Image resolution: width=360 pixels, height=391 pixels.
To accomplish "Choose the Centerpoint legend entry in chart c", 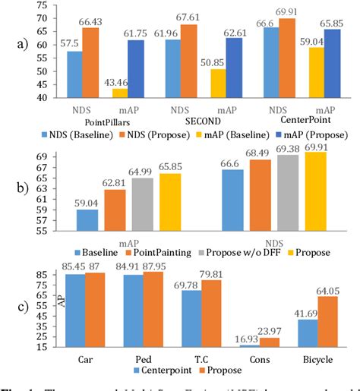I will (166, 370).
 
